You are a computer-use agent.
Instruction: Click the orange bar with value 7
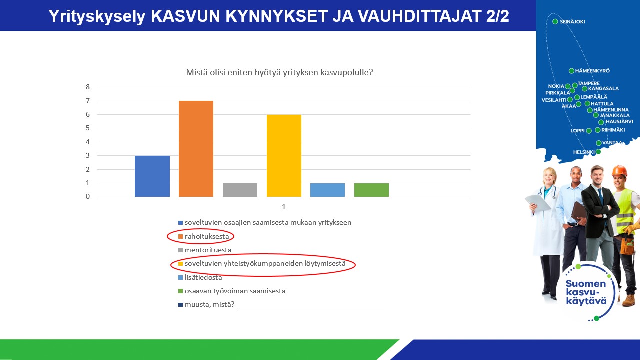click(196, 149)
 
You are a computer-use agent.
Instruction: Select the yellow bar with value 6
click(284, 156)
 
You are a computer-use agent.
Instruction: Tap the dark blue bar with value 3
click(152, 176)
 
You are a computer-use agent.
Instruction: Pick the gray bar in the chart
click(240, 190)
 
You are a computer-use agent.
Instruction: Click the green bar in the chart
click(371, 190)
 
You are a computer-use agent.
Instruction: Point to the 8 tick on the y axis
click(88, 87)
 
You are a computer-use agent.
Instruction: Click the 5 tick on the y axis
click(88, 128)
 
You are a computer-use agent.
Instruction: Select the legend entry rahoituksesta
click(203, 236)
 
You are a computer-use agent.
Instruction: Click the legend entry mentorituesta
click(205, 250)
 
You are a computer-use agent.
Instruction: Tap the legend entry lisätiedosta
click(200, 277)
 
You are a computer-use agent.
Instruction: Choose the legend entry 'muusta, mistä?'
click(206, 304)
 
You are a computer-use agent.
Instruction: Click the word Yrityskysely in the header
click(97, 16)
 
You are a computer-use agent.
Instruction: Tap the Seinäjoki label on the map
click(572, 21)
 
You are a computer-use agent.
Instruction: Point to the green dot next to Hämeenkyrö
click(571, 71)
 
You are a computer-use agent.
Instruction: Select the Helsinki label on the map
click(584, 152)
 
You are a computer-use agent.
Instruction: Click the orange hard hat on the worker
click(619, 170)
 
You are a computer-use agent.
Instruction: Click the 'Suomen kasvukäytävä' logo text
click(586, 292)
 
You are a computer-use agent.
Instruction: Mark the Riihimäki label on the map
click(613, 130)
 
